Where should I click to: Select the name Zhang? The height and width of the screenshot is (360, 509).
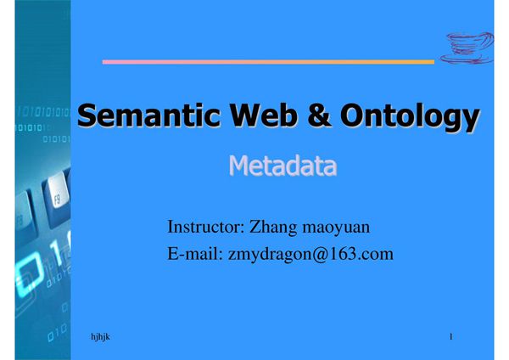276,228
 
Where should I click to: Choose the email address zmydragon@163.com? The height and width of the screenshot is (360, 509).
310,253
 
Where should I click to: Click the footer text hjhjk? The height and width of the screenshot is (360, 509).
100,338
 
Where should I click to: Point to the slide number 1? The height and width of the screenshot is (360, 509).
451,338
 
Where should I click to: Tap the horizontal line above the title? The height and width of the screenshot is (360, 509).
268,61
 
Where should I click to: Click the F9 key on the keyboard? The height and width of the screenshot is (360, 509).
57,201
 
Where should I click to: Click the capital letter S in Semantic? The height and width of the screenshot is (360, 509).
88,116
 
